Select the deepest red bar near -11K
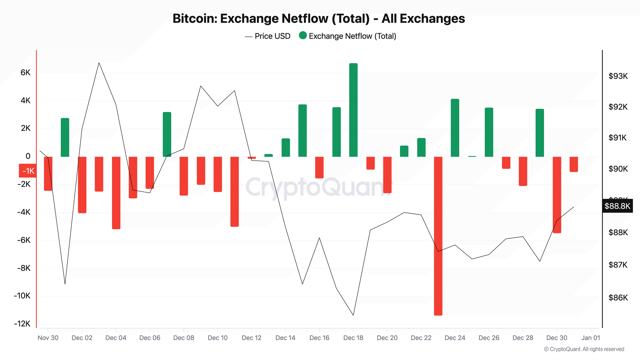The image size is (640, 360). (x=438, y=236)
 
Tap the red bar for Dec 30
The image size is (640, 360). (x=557, y=195)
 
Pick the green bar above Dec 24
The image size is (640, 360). (x=455, y=128)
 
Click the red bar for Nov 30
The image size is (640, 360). (x=48, y=173)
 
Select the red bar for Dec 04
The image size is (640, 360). (x=116, y=193)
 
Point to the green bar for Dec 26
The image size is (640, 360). (x=489, y=132)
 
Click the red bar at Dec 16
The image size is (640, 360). (x=319, y=167)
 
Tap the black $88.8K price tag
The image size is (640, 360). (x=617, y=206)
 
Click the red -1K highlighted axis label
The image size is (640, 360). (x=28, y=171)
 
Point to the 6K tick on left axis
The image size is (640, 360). (x=26, y=73)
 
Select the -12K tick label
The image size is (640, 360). (x=22, y=324)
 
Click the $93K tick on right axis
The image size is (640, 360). (x=618, y=76)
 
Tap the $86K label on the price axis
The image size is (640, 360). (x=618, y=298)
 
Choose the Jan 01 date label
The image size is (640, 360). (x=591, y=338)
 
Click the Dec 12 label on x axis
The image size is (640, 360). (x=252, y=338)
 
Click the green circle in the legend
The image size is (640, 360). (x=303, y=36)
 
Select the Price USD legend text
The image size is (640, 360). (x=272, y=36)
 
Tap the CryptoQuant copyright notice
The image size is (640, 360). (x=584, y=349)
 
